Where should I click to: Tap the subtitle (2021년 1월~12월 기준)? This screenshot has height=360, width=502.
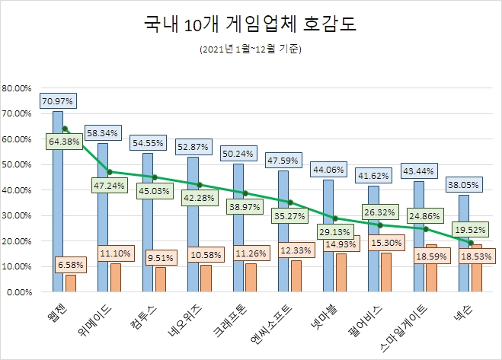coord(251,50)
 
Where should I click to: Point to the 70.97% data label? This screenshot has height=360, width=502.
coord(57,100)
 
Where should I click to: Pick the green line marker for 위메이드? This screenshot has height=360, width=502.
coord(110,172)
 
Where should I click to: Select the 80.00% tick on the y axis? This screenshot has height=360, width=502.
coord(17,88)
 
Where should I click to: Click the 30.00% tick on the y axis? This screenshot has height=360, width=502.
coord(17,215)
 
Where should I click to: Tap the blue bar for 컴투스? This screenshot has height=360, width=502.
coord(148,222)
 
